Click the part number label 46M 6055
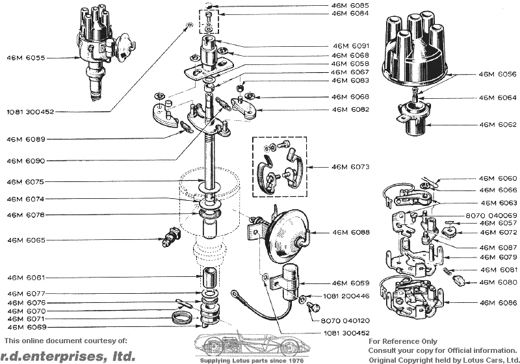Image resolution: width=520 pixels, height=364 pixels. point(27,58)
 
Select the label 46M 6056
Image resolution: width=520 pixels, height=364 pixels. point(498,74)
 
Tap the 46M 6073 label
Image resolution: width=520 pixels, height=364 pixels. point(350,167)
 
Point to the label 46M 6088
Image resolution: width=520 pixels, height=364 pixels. point(350,232)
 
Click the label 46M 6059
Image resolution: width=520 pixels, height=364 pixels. point(350,283)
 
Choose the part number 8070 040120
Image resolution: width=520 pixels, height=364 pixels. point(345,321)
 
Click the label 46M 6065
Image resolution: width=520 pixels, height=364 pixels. point(27,240)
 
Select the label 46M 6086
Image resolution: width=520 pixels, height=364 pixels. point(498,303)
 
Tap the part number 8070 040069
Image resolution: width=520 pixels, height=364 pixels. point(491,215)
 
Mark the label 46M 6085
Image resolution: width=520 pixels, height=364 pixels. point(350,5)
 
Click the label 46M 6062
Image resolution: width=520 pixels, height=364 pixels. point(498,123)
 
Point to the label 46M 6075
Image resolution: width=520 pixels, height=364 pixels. point(27,182)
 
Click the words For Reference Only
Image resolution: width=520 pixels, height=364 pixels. point(403,341)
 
